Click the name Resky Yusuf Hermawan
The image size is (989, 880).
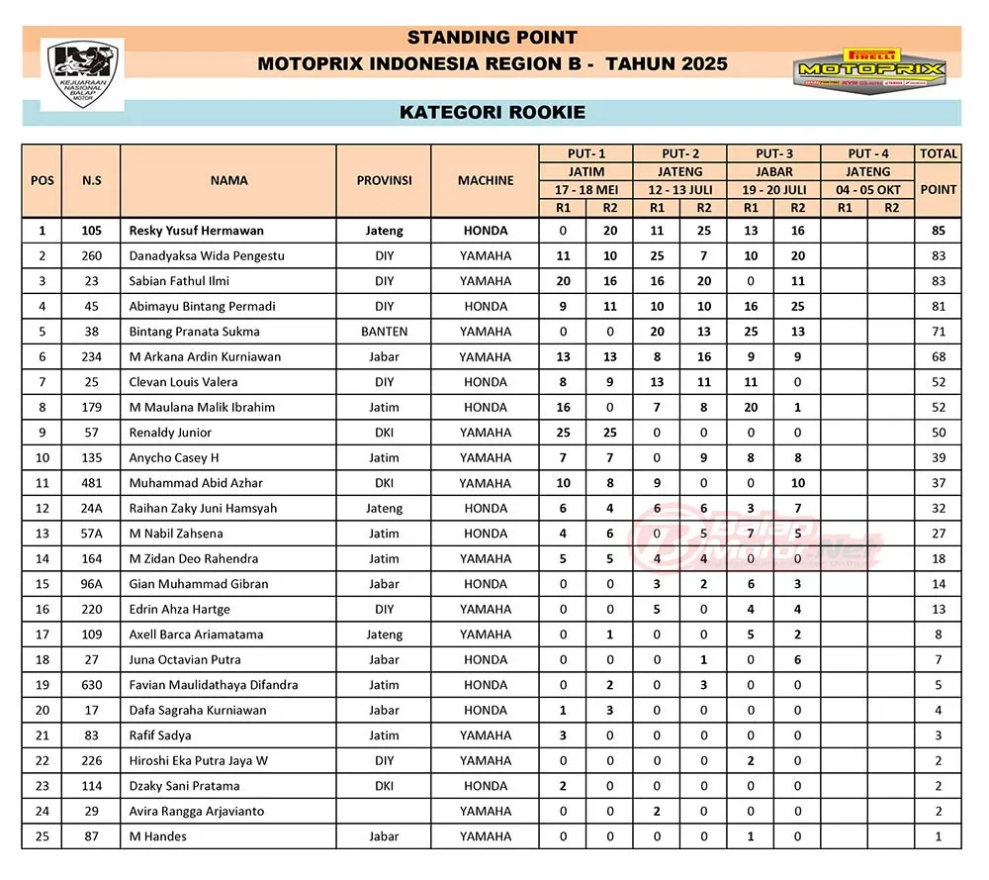[x=197, y=231]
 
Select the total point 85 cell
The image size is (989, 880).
[x=939, y=231]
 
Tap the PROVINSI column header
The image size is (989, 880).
[x=384, y=181]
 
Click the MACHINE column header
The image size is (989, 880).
[x=486, y=181]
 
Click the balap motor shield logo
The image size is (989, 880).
[x=81, y=75]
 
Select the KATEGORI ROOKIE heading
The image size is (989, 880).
[x=492, y=112]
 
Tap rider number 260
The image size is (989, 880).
[x=91, y=255]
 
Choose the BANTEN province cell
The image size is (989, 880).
[x=384, y=332]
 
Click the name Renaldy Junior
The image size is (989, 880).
[x=172, y=433]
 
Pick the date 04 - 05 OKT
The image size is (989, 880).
[x=867, y=189]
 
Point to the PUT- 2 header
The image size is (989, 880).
[x=680, y=153]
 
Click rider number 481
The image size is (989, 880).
[x=91, y=483]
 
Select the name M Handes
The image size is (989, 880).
[x=158, y=836]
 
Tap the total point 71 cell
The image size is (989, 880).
[x=939, y=332]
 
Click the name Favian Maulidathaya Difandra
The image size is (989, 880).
[x=214, y=685]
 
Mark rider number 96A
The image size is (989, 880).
[x=91, y=584]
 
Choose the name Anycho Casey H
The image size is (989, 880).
[x=174, y=458]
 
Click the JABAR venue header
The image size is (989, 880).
[x=774, y=171]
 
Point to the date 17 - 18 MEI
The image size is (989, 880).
[x=586, y=189]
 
